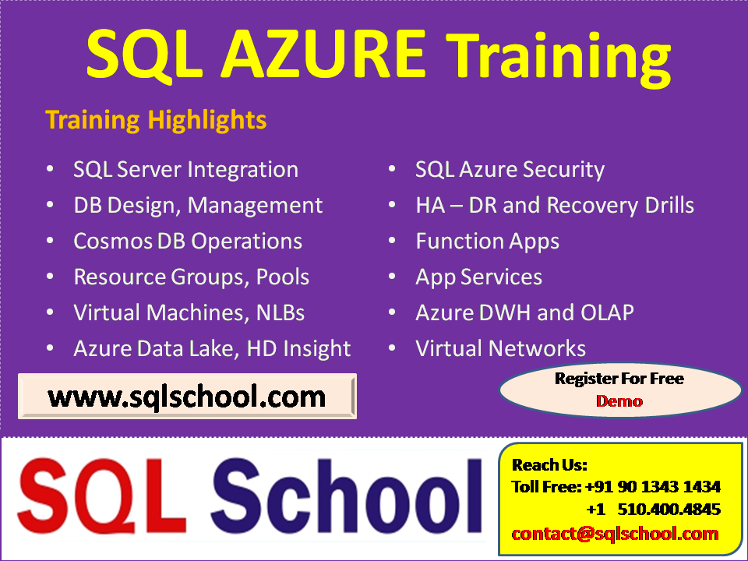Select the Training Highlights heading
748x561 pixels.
click(156, 120)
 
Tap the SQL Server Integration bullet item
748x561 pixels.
click(185, 169)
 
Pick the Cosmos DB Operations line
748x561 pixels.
click(188, 241)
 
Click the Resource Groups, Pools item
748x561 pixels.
click(191, 277)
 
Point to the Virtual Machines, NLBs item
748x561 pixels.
click(189, 312)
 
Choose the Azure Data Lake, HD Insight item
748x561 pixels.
click(212, 348)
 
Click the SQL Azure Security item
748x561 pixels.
click(510, 169)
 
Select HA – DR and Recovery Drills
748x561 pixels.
click(554, 205)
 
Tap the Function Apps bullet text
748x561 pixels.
click(487, 241)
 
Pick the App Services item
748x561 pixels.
click(478, 277)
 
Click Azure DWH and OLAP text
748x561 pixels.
click(524, 312)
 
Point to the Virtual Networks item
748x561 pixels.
click(500, 348)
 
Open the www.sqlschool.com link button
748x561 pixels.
click(187, 397)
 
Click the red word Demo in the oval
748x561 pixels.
click(619, 401)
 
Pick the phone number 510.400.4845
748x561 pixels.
click(669, 510)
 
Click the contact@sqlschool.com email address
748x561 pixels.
click(615, 534)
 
